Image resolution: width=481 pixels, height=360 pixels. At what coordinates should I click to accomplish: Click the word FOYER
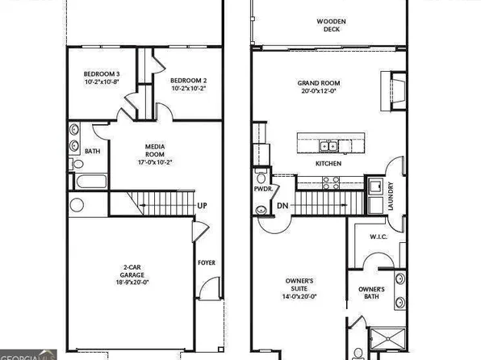click(x=207, y=262)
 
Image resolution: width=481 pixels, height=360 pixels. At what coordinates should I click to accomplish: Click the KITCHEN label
click(x=328, y=164)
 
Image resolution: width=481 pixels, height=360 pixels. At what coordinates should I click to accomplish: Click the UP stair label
click(x=203, y=206)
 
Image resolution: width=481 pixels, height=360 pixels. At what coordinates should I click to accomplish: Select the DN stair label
click(x=282, y=207)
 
